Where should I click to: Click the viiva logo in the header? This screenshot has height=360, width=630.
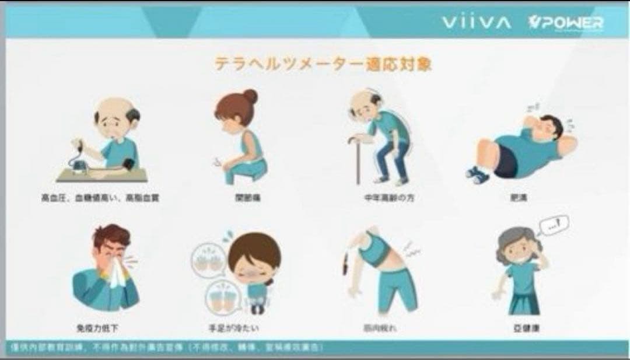tap(476, 23)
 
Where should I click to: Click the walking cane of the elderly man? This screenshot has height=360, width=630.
tap(353, 158)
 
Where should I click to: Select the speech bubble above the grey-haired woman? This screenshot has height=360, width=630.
tap(554, 225)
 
